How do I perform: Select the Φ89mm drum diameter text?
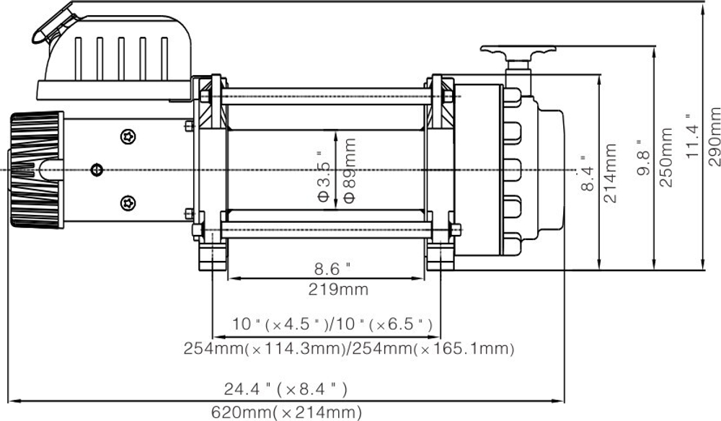click(350, 171)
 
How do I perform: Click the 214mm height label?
click(611, 173)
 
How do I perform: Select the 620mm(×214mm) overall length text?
click(286, 412)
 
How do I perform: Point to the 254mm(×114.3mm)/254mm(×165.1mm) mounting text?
click(349, 350)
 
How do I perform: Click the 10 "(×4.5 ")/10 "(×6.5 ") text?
click(332, 324)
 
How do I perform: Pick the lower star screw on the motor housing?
click(129, 203)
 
